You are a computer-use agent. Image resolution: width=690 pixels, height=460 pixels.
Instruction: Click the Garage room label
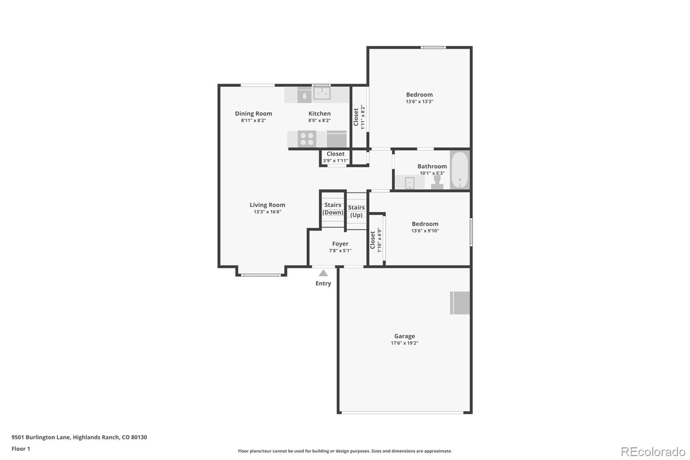404,336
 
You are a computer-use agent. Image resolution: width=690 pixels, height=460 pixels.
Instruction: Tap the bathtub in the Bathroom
460,170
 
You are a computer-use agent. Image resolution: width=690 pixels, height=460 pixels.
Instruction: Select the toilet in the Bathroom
437,182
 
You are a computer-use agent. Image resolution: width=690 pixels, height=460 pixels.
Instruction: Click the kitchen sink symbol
321,93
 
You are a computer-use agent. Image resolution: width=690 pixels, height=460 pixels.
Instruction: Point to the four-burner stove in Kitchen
307,139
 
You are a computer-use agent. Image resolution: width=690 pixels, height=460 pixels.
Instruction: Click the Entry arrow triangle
323,273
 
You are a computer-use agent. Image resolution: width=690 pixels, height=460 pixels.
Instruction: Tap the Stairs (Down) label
332,208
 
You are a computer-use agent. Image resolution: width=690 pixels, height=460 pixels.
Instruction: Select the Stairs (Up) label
356,211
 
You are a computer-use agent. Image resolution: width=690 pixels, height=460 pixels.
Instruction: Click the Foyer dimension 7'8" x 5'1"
340,251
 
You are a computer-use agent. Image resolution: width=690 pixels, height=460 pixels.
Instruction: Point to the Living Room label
267,205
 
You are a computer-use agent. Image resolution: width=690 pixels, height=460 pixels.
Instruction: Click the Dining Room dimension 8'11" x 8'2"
253,121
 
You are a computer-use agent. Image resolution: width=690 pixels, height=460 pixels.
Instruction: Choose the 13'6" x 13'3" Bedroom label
419,95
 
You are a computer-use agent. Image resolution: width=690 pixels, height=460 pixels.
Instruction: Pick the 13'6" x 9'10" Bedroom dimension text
425,231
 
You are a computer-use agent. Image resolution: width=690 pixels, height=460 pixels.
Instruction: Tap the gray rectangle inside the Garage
460,303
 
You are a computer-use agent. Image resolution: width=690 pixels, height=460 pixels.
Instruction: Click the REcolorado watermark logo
652,451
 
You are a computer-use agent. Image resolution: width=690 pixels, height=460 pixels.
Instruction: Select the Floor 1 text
21,449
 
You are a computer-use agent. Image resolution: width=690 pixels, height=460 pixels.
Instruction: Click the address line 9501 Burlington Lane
79,437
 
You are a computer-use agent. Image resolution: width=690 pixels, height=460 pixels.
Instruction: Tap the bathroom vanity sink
409,183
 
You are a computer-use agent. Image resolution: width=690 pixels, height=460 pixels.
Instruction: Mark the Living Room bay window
261,274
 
